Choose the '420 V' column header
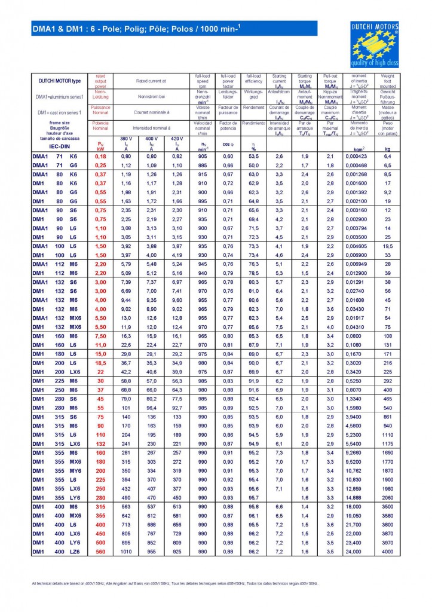[x=177, y=138]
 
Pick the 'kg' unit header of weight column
[x=387, y=148]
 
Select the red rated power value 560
[x=100, y=552]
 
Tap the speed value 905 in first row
[x=203, y=156]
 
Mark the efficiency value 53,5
[x=254, y=156]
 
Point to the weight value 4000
[x=387, y=552]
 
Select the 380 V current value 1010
[x=126, y=552]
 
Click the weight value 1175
[x=387, y=444]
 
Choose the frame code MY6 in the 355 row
[x=75, y=471]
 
